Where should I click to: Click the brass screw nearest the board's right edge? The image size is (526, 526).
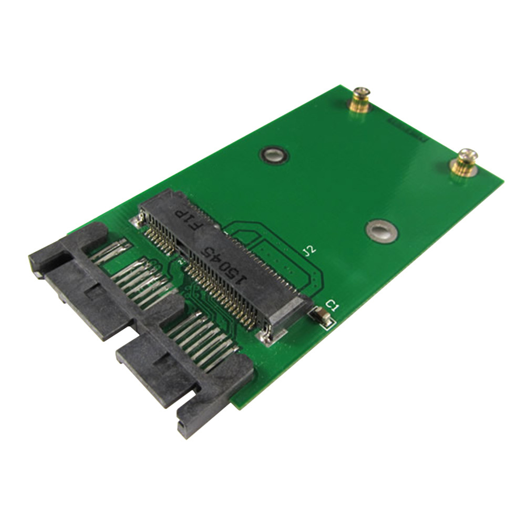pyautogui.click(x=465, y=160)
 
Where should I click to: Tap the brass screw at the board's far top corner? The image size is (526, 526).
pyautogui.click(x=360, y=98)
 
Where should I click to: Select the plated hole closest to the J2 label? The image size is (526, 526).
pyautogui.click(x=381, y=231)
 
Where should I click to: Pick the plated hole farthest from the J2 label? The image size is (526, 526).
pyautogui.click(x=273, y=154)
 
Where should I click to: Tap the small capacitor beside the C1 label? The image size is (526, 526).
pyautogui.click(x=321, y=316)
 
